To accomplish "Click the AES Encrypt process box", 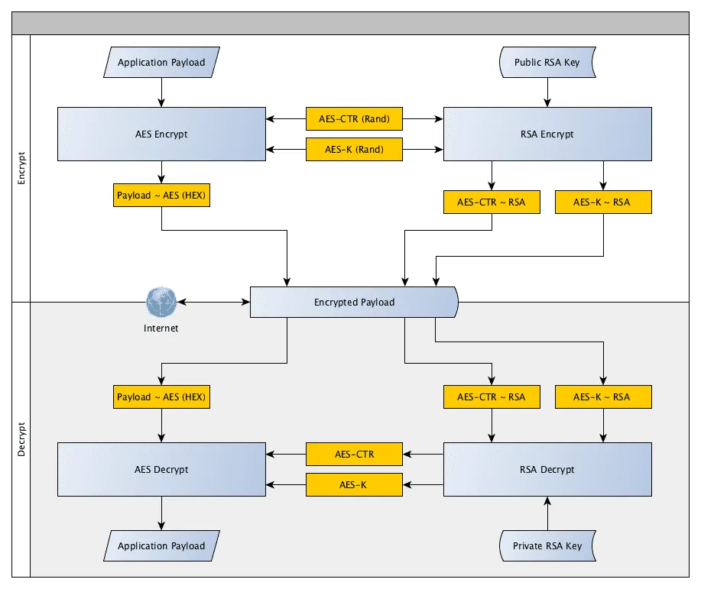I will click(161, 134).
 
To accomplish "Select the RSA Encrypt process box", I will click(547, 134).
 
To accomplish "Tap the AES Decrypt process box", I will click(161, 469).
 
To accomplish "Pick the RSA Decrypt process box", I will click(547, 469).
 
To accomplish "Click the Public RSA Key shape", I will click(547, 63).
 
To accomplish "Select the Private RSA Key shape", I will click(547, 545).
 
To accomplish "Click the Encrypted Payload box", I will click(354, 302).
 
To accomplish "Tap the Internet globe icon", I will click(161, 303).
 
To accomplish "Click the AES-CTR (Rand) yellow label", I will click(354, 118).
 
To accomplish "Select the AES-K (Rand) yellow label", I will click(354, 149).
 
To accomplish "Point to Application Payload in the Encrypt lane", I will click(161, 63).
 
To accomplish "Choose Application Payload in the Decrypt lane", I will click(161, 545).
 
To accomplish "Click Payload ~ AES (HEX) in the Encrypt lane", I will click(161, 195).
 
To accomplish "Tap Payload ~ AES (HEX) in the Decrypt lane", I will click(161, 397).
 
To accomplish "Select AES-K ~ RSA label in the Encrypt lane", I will click(602, 202).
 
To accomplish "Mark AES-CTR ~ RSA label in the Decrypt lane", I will click(491, 397).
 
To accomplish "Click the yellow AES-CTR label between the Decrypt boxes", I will click(354, 454).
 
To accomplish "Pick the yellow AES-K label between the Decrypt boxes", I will click(354, 484).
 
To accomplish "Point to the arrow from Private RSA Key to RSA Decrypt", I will click(547, 513).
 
